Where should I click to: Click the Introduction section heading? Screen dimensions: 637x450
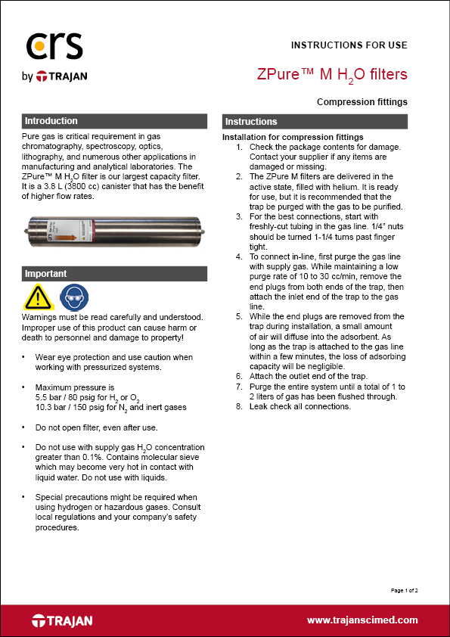tap(51, 121)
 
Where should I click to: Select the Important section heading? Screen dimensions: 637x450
tap(46, 274)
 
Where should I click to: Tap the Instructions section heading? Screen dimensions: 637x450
tap(252, 122)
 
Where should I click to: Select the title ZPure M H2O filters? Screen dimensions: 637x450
tap(332, 75)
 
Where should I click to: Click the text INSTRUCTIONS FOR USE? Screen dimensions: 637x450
tap(349, 45)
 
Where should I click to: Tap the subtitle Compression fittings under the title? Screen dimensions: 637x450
tap(362, 101)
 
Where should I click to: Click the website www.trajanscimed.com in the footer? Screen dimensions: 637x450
tap(362, 620)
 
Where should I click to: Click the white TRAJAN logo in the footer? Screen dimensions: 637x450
tap(62, 620)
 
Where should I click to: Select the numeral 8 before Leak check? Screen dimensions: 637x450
tap(239, 406)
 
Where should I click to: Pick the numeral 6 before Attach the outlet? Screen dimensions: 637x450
tap(239, 376)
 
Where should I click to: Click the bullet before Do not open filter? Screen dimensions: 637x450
tap(26, 427)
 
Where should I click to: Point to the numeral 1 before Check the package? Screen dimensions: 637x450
tap(239, 147)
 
